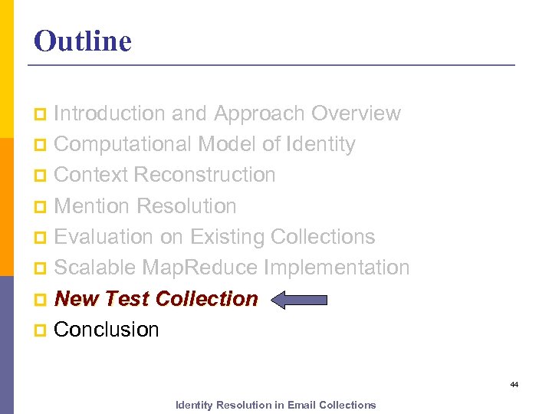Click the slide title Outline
(83, 41)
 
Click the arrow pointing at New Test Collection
(299, 300)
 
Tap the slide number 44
(514, 384)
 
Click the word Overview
(356, 113)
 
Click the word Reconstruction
(205, 175)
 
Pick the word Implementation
(337, 268)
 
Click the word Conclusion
(107, 330)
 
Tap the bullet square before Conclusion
(40, 330)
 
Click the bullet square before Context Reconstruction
(40, 176)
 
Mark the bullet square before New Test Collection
(40, 299)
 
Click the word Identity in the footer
(195, 405)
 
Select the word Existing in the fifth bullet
(228, 237)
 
